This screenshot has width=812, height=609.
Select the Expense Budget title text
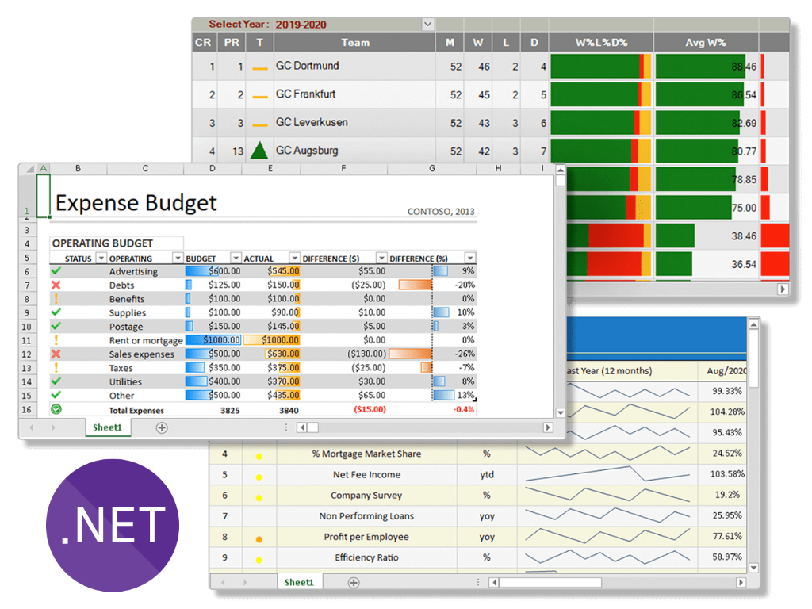(136, 203)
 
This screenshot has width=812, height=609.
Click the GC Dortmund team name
(307, 66)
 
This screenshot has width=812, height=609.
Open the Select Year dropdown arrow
(427, 25)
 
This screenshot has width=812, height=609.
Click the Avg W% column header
(706, 43)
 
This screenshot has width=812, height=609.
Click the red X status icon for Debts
(56, 285)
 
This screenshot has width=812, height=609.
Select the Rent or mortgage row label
(146, 340)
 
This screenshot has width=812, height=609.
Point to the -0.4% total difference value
(463, 409)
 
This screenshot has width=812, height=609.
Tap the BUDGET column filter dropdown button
(236, 259)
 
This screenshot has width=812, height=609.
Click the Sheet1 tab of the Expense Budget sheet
(108, 427)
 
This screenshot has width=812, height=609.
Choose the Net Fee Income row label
(366, 474)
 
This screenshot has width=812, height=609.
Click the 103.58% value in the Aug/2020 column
(728, 474)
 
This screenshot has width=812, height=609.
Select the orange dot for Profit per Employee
(259, 538)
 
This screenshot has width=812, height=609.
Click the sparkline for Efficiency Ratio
(607, 557)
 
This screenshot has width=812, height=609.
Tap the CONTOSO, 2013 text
(441, 212)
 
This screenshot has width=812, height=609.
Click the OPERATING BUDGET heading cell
(102, 243)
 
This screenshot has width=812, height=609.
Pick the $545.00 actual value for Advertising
(284, 271)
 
